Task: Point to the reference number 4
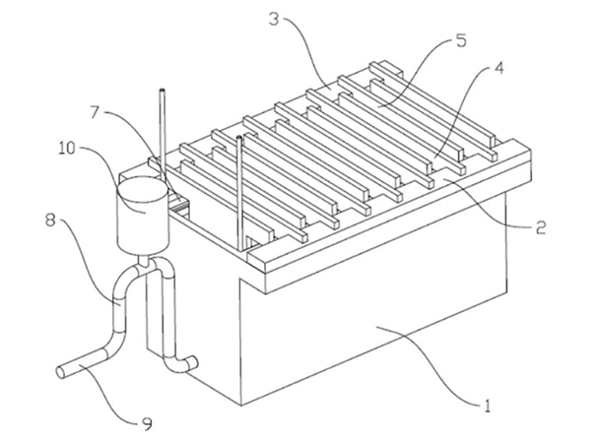(500, 70)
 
